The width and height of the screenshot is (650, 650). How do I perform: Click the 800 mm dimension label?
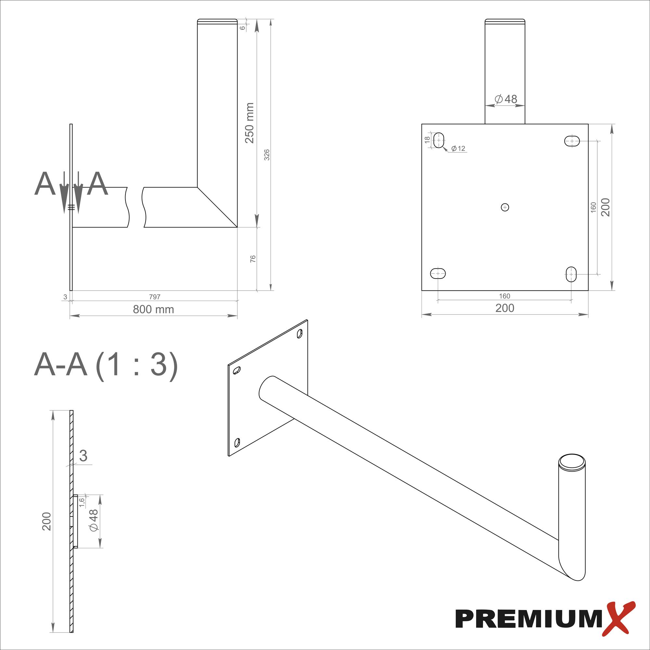pos(153,309)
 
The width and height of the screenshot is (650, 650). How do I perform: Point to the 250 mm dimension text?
pos(249,123)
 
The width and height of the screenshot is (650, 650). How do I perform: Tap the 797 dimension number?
pos(154,297)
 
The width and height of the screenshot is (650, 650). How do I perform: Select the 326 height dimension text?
pos(267,155)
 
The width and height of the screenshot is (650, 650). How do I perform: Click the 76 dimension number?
pos(253,259)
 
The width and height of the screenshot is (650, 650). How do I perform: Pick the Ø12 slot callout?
pos(458,149)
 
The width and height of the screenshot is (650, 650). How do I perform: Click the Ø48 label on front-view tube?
pos(506,99)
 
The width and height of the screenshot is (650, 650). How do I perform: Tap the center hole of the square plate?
pos(505,207)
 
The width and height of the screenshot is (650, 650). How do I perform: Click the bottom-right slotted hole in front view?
pos(571,274)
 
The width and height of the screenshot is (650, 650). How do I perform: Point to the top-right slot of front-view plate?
pos(572,141)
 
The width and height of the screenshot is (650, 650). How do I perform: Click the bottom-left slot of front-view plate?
pos(438,274)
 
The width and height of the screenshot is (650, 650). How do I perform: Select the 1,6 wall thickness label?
pos(82,502)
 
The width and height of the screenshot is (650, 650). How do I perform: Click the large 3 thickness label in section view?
pos(83,456)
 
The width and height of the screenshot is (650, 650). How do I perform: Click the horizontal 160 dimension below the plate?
pos(504,296)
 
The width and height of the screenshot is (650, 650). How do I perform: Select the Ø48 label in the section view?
pos(94,520)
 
